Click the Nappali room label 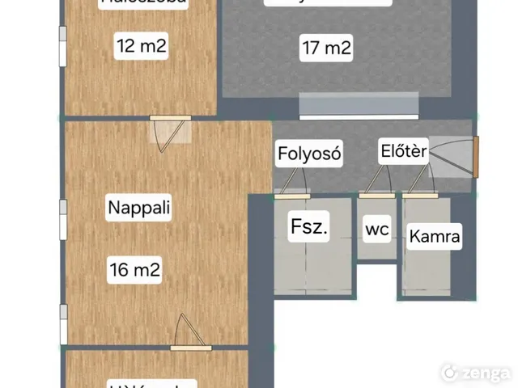pyautogui.click(x=139, y=208)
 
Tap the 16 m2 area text pyautogui.click(x=135, y=271)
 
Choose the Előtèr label pyautogui.click(x=403, y=151)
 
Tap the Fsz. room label pyautogui.click(x=308, y=227)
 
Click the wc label pyautogui.click(x=377, y=230)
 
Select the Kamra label pyautogui.click(x=435, y=237)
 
